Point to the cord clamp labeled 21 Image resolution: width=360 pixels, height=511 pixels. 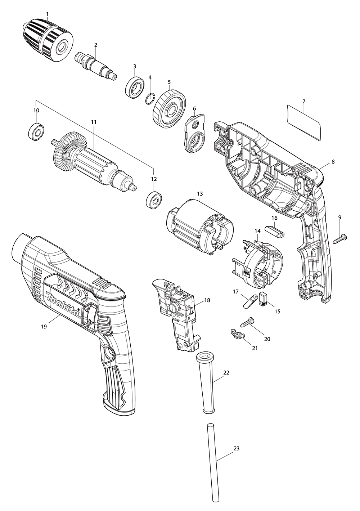[236, 333]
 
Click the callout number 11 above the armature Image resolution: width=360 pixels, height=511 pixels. [94, 122]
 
